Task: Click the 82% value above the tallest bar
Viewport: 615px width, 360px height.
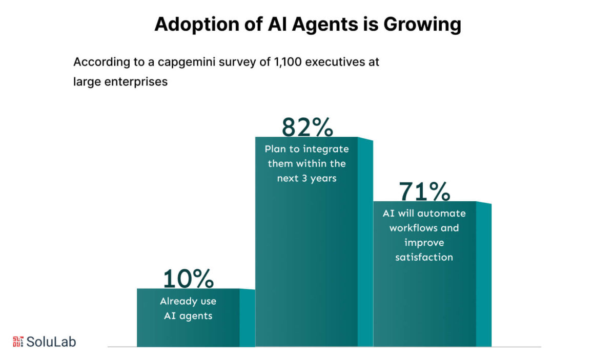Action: click(x=307, y=128)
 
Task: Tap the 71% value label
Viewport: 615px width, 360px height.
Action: click(x=424, y=192)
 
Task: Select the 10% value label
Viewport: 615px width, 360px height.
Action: click(x=188, y=279)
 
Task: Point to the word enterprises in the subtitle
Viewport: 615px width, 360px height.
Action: click(x=137, y=81)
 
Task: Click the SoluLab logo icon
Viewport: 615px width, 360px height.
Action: click(x=18, y=342)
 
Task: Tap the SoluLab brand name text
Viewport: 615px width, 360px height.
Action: click(x=51, y=342)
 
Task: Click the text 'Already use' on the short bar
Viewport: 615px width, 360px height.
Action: click(x=188, y=302)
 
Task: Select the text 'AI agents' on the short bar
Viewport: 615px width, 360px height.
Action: click(x=188, y=316)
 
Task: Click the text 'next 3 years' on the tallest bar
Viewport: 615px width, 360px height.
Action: click(x=306, y=179)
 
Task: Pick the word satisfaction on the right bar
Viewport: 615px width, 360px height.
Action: click(x=424, y=257)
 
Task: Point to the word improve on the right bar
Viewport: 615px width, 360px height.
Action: click(x=424, y=242)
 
